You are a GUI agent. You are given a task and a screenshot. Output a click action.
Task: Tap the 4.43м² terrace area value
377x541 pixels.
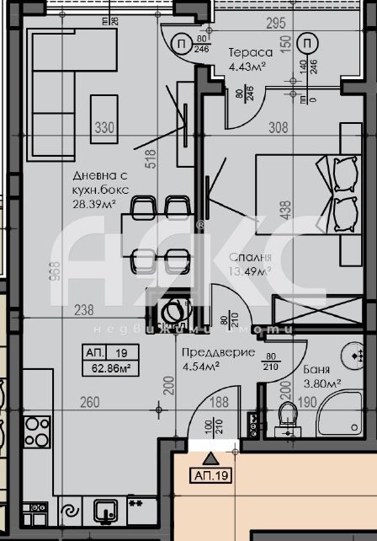pos(248,67)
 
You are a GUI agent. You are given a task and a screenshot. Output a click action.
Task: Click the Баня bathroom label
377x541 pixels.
pos(317,370)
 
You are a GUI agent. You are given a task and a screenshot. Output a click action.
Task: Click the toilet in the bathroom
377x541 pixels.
pos(288,420)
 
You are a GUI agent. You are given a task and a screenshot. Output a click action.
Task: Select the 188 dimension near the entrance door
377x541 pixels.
pos(218,403)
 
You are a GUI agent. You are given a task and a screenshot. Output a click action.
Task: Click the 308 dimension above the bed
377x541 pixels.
pos(278,128)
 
